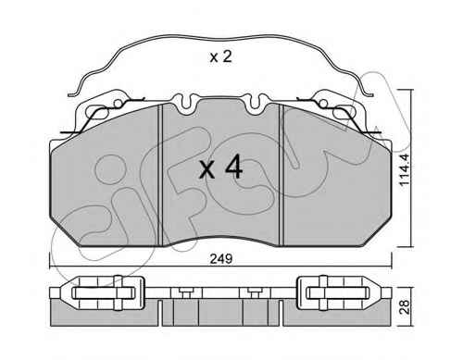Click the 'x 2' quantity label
pyautogui.click(x=220, y=57)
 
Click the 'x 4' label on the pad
pyautogui.click(x=221, y=168)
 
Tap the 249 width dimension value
pyautogui.click(x=220, y=259)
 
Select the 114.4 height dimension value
pyautogui.click(x=405, y=169)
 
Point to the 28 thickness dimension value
pyautogui.click(x=405, y=306)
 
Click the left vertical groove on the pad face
pyautogui.click(x=160, y=175)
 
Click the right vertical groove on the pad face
pyautogui.click(x=281, y=175)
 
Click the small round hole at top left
pyautogui.click(x=118, y=104)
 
